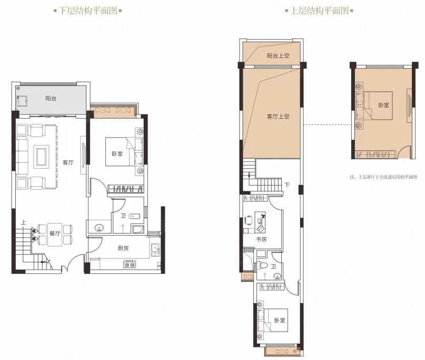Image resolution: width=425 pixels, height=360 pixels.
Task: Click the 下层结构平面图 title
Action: [x=88, y=11]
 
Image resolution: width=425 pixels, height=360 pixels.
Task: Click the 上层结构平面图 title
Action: [x=319, y=11]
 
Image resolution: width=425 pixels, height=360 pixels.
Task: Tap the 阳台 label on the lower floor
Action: [x=51, y=98]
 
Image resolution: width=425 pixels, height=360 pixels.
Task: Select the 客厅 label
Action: [x=68, y=162]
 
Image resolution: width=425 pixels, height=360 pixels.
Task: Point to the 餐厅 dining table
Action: [x=55, y=235]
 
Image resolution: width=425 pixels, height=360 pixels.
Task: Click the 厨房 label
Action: [x=123, y=248]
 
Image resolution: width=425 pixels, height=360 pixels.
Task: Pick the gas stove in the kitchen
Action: [x=129, y=264]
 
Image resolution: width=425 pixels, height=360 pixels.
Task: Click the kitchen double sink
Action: [x=155, y=251]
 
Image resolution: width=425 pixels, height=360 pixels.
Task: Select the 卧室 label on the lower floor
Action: [x=117, y=153]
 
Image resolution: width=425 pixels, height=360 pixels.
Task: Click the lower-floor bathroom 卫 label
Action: [x=123, y=216]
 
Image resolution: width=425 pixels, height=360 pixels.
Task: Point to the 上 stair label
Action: [x=24, y=222]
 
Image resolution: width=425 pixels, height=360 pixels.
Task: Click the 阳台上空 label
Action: [x=278, y=56]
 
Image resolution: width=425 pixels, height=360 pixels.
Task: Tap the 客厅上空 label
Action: [x=278, y=116]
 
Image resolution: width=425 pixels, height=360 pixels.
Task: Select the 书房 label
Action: [x=261, y=239]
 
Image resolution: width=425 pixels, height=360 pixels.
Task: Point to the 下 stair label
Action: [x=287, y=185]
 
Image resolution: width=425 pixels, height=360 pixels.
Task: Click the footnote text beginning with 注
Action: [x=383, y=177]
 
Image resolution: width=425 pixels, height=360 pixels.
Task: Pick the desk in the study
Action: [x=260, y=222]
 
